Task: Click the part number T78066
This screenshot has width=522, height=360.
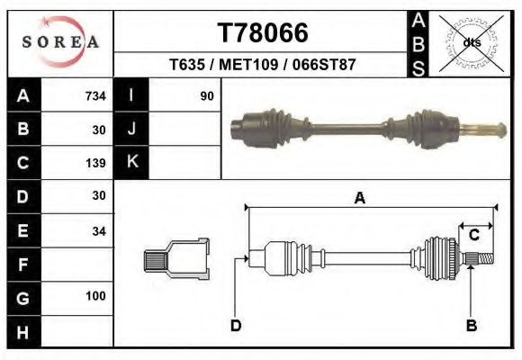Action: pos(263,33)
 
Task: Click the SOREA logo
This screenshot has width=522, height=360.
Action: pos(60,42)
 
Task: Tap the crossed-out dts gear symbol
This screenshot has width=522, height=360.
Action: pos(472,41)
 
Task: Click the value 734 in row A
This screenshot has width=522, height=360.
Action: pos(95,95)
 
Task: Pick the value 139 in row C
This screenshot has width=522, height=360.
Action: pos(95,163)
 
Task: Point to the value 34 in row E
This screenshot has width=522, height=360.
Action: pos(98,231)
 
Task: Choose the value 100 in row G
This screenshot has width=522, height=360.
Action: pos(95,296)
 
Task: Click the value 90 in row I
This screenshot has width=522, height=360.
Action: pos(206,95)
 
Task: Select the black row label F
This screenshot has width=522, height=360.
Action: pos(22,265)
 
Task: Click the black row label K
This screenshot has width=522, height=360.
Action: pos(131,162)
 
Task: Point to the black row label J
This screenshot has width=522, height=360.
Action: pos(131,129)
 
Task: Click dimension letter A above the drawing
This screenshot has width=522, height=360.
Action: pos(360,199)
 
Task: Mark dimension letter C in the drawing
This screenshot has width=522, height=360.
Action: pos(473,236)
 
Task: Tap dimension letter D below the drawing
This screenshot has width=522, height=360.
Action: pos(235,325)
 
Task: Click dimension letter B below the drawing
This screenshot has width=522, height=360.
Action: pos(470,324)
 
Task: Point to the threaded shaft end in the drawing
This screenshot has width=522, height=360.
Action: pos(480,259)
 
